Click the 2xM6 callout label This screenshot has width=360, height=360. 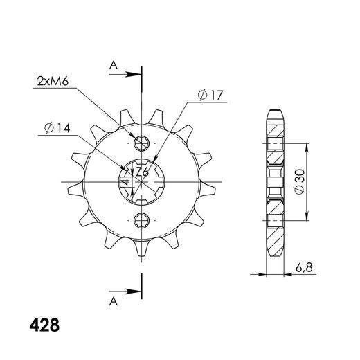pyautogui.click(x=53, y=82)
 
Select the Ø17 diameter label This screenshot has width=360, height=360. pyautogui.click(x=210, y=95)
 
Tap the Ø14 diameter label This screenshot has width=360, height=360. pyautogui.click(x=57, y=128)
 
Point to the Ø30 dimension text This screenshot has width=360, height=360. pyautogui.click(x=300, y=181)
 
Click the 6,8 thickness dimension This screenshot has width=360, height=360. pyautogui.click(x=304, y=268)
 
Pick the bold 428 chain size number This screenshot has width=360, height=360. pyautogui.click(x=44, y=325)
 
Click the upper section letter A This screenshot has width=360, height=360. pyautogui.click(x=114, y=65)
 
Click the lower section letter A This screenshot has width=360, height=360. pyautogui.click(x=114, y=301)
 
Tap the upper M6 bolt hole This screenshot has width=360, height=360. pyautogui.click(x=141, y=143)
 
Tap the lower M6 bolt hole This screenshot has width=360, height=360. pyautogui.click(x=141, y=220)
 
